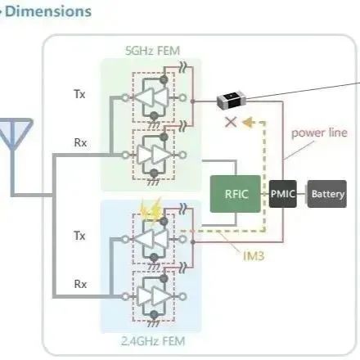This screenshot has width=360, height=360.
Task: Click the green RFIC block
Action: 236,194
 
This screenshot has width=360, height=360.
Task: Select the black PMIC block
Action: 283,194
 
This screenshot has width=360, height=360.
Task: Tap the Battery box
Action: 327,194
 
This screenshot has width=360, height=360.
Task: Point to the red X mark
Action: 231,122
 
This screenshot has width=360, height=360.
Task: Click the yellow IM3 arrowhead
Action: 248,123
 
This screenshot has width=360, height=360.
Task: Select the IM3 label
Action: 254,256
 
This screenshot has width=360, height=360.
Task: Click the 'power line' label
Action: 319,133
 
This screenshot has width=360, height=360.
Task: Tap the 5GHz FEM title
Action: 153,51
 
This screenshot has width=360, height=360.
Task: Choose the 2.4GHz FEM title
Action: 153,341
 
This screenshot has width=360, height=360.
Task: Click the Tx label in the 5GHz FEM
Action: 79,94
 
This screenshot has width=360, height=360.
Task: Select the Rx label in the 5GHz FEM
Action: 80,142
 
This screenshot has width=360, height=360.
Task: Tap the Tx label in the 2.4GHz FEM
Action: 79,236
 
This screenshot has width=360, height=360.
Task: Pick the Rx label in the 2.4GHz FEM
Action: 80,284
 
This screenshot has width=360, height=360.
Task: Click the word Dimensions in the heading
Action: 48,11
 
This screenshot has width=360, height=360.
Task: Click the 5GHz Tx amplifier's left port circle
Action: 125,97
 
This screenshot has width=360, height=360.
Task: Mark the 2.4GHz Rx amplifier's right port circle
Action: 183,296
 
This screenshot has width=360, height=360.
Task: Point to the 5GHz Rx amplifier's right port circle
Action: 183,155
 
